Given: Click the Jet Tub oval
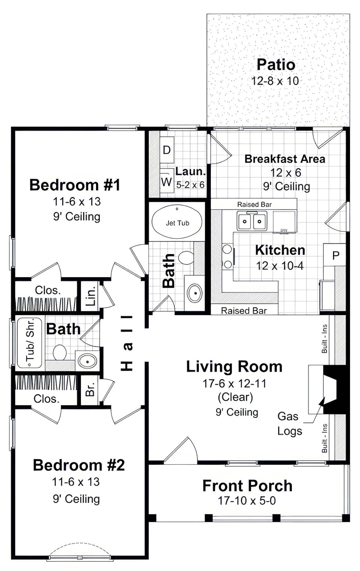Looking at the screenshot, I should coord(177,222).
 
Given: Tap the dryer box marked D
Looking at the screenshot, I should coord(167,150).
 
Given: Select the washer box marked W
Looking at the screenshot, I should coord(167,181).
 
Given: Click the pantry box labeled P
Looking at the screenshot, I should coord(335,255).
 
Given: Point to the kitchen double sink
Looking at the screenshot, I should coord(252,221).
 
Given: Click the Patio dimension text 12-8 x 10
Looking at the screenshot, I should coord(275,81).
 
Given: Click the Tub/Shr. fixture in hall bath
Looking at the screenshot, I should coord(29,343).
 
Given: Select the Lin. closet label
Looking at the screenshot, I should coord(90,296).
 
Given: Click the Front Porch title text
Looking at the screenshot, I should coord(247,486).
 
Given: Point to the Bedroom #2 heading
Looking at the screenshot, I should coord(79,465).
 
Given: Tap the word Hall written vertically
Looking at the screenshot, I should coord(127,343).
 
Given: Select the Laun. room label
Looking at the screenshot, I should coord(190,171).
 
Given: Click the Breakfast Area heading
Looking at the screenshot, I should coord(285,159).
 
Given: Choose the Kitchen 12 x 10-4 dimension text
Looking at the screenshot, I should coord(280,266).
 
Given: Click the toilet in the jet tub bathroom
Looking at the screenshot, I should coord(186,258).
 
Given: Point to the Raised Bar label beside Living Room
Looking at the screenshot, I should coord(244,311).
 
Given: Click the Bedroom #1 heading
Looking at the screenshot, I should coord(75,185).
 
